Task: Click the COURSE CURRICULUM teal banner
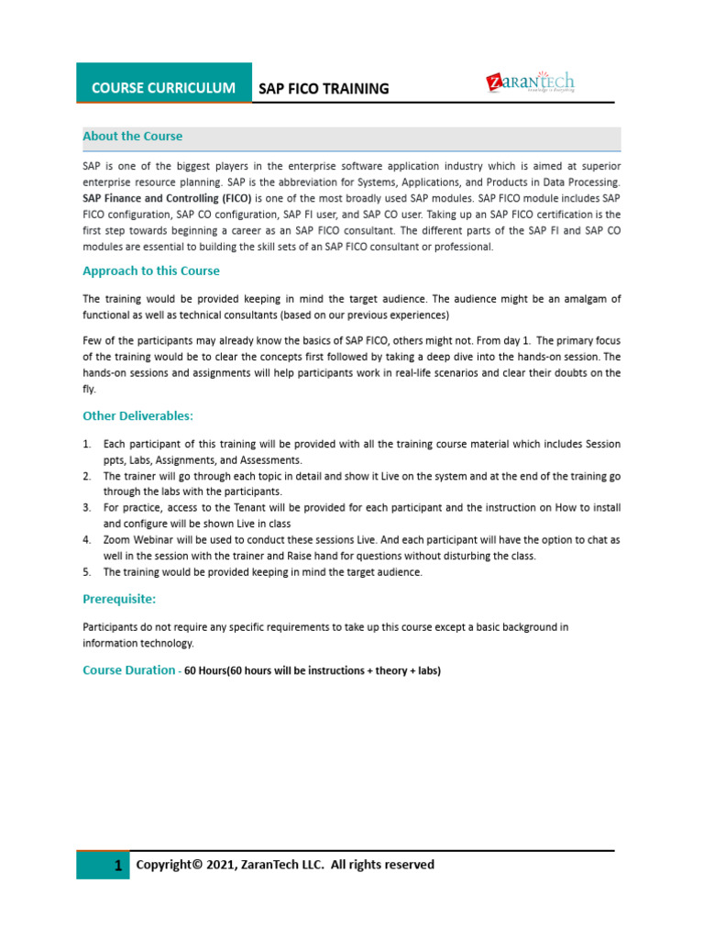pos(163,88)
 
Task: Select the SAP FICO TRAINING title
pos(324,89)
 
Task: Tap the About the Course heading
pos(133,137)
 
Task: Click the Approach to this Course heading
pos(151,271)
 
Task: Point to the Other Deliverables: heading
pos(138,415)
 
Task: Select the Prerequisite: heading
pos(119,599)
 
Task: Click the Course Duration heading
pos(128,670)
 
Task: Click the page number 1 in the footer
pos(118,867)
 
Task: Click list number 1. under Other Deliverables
pos(87,444)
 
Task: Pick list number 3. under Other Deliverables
pos(87,508)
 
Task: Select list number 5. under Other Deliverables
pos(87,572)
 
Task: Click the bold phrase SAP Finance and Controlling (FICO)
pos(167,198)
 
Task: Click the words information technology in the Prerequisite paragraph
pos(138,643)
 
